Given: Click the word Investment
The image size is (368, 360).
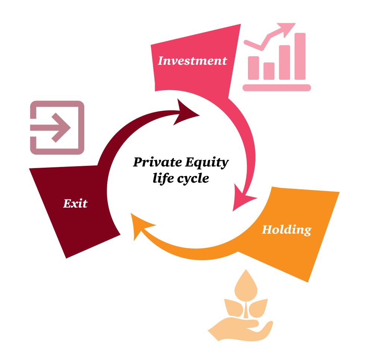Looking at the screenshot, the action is pyautogui.click(x=192, y=60).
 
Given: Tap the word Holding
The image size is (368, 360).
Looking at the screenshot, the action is pyautogui.click(x=286, y=230).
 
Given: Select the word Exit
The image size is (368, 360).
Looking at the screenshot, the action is pyautogui.click(x=75, y=203).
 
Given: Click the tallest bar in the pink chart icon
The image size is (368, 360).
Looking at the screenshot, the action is pyautogui.click(x=300, y=56).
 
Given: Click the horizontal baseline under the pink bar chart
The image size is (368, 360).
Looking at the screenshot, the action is pyautogui.click(x=277, y=88).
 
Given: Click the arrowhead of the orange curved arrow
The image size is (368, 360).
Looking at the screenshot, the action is pyautogui.click(x=141, y=226).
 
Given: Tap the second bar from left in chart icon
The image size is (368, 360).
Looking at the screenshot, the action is pyautogui.click(x=269, y=71).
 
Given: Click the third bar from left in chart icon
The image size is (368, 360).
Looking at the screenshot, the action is pyautogui.click(x=284, y=62).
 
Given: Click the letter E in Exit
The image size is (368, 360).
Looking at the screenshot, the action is pyautogui.click(x=67, y=203).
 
